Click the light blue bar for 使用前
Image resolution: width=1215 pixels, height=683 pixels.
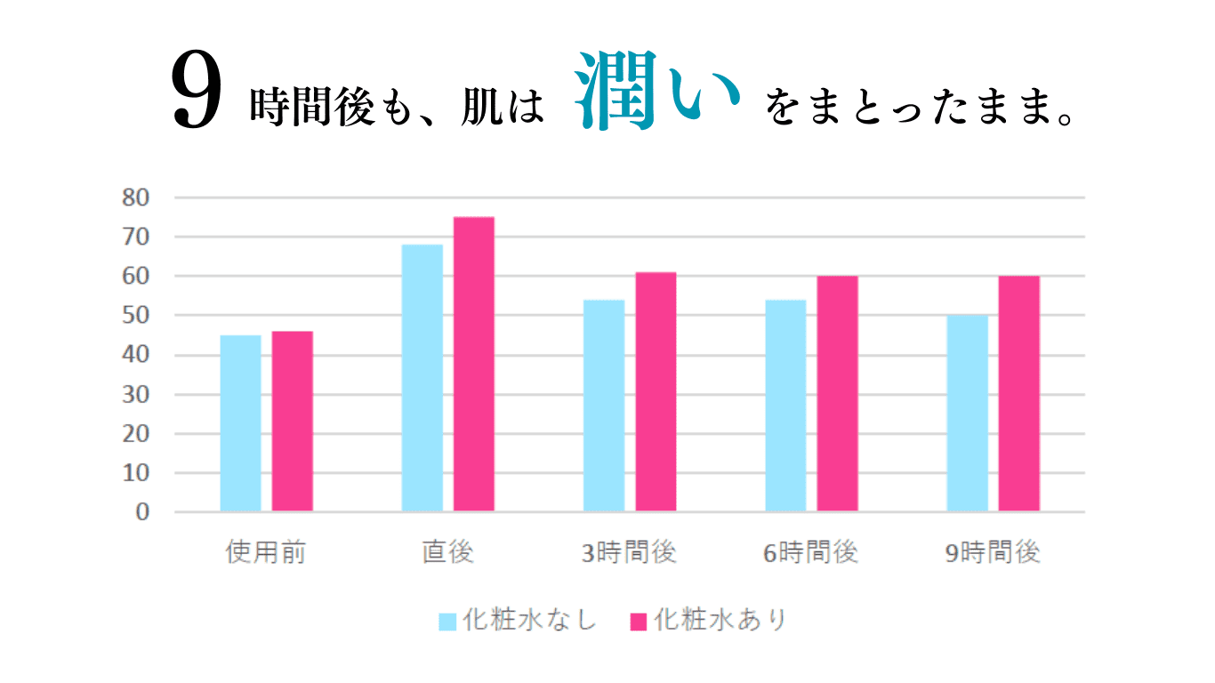coord(240,423)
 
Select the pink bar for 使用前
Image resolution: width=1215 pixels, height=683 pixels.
coord(293,422)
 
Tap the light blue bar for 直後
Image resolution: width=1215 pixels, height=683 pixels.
coord(422,378)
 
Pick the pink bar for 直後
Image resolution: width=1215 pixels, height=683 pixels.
coord(474,365)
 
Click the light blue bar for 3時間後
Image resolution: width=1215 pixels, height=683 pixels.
coord(604,406)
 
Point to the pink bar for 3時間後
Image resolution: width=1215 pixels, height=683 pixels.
coord(656,392)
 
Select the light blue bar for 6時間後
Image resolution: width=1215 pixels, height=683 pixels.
coord(785,406)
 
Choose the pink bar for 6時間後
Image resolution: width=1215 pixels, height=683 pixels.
coord(837,394)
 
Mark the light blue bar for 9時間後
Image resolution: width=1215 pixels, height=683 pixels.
coord(967,414)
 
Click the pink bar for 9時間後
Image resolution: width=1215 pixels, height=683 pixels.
coord(1019,394)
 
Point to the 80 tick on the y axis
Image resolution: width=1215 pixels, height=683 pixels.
coord(136,197)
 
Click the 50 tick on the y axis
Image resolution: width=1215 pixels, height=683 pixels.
coord(136,316)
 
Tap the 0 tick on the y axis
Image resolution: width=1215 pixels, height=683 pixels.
coord(142,513)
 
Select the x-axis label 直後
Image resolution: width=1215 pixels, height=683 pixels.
coord(447,552)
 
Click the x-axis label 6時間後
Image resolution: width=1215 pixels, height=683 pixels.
coord(811,552)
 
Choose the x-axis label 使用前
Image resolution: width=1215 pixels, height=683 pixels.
coord(266,552)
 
